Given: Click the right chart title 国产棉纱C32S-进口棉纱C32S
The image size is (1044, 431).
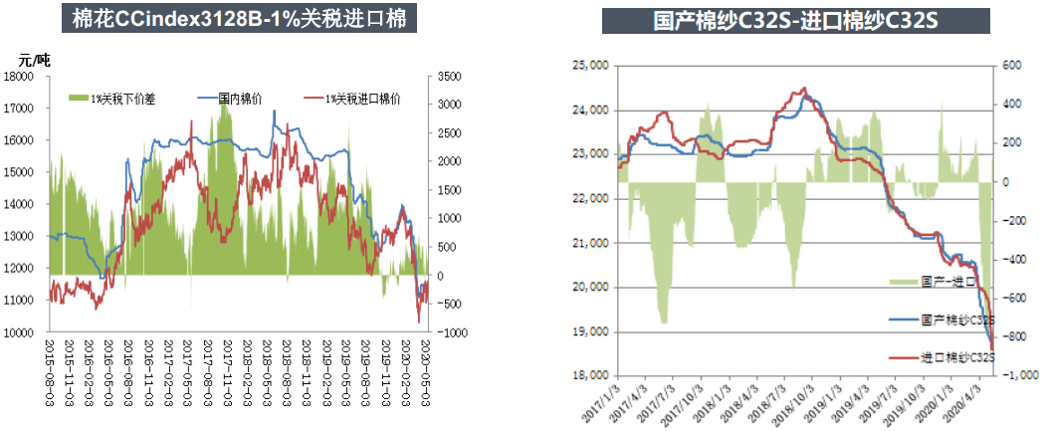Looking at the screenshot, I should coord(795,21).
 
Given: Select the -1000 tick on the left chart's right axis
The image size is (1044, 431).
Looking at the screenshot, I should coord(450,332).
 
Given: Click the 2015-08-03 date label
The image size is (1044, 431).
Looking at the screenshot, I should coord(50,369).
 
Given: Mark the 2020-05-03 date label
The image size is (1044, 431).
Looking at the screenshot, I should coord(427,369).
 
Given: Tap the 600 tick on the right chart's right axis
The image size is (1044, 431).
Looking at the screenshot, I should coord(1007,66).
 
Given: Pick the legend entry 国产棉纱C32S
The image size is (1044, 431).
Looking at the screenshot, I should coord(955,320).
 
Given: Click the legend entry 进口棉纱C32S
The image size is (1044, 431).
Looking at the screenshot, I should coord(955,356).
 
